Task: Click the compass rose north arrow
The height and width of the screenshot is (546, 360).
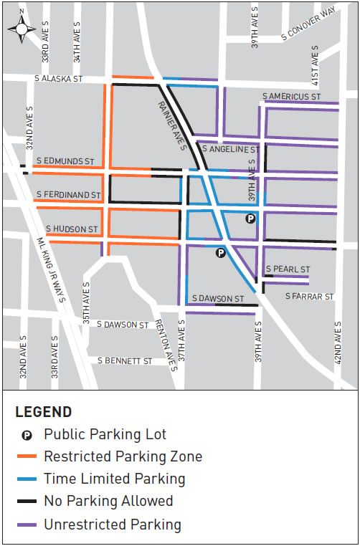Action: point(22,27)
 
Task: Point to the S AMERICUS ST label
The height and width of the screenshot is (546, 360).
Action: point(290,96)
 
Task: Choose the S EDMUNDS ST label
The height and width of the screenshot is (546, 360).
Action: point(65,161)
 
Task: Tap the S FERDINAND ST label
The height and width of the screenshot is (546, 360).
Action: point(68,194)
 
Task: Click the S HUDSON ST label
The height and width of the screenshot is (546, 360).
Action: point(72,229)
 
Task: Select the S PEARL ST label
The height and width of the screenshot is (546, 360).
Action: point(288,269)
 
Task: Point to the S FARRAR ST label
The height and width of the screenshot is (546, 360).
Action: point(309,296)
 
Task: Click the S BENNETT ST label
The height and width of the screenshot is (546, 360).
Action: point(125,360)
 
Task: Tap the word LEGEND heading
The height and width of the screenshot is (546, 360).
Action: point(43,412)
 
